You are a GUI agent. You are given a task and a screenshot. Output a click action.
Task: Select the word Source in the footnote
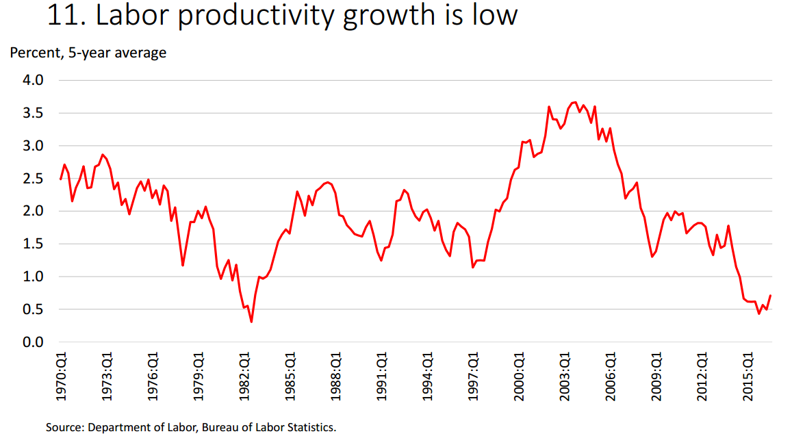[x=64, y=428]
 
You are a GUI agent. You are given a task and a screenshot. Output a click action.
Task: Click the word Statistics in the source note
[x=311, y=428]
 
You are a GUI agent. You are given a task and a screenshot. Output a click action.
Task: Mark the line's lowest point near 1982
[x=252, y=322]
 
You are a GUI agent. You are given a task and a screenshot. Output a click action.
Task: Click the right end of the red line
[x=771, y=296]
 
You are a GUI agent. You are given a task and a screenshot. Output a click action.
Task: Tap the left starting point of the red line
[x=61, y=179]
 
